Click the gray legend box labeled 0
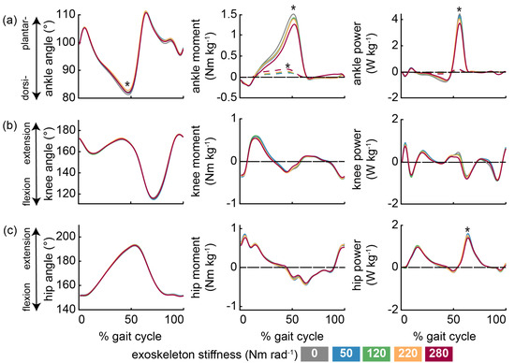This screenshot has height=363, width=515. pyautogui.click(x=315, y=354)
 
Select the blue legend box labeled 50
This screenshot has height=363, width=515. pyautogui.click(x=346, y=354)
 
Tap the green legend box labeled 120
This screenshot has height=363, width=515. pyautogui.click(x=376, y=354)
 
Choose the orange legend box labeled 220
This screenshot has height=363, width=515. pyautogui.click(x=407, y=354)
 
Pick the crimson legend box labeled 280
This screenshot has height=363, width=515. pyautogui.click(x=439, y=354)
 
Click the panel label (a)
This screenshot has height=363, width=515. pyautogui.click(x=9, y=22)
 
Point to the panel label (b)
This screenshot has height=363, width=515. pyautogui.click(x=9, y=126)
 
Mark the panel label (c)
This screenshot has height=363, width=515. pyautogui.click(x=9, y=231)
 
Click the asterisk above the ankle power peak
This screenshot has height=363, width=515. pyautogui.click(x=459, y=8)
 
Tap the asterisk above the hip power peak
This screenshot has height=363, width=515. pyautogui.click(x=467, y=230)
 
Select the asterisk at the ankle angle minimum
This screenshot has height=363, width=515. pyautogui.click(x=127, y=85)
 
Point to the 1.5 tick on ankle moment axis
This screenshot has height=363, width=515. pyautogui.click(x=228, y=14)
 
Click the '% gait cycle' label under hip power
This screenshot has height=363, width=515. pyautogui.click(x=444, y=337)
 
